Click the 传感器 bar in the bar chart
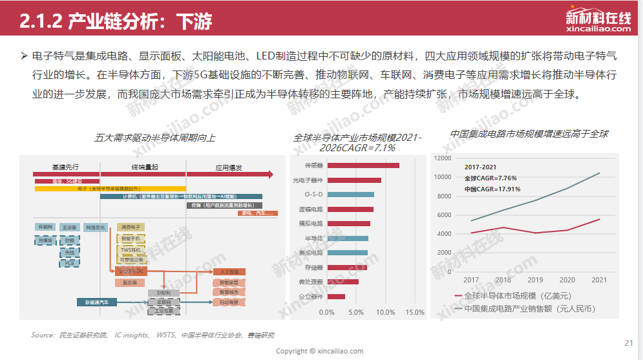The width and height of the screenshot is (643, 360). (363, 165)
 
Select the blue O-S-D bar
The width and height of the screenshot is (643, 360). (351, 195)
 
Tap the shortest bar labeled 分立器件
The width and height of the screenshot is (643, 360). (336, 297)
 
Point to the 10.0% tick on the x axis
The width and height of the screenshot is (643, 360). (386, 312)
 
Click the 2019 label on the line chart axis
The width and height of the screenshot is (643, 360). (535, 280)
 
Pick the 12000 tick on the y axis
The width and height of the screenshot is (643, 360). (442, 158)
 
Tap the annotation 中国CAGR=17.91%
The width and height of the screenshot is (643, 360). (492, 189)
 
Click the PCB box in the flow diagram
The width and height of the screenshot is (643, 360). (69, 263)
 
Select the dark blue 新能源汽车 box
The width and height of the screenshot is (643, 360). (97, 302)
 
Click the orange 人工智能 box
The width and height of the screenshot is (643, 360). (229, 272)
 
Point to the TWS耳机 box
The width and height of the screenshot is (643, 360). (131, 249)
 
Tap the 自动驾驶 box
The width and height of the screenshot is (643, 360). (229, 302)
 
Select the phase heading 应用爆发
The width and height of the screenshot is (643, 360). (229, 167)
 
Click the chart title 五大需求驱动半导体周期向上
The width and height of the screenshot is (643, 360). (154, 138)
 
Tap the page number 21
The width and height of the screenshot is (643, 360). (629, 343)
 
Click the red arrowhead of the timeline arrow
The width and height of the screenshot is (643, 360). (272, 174)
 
